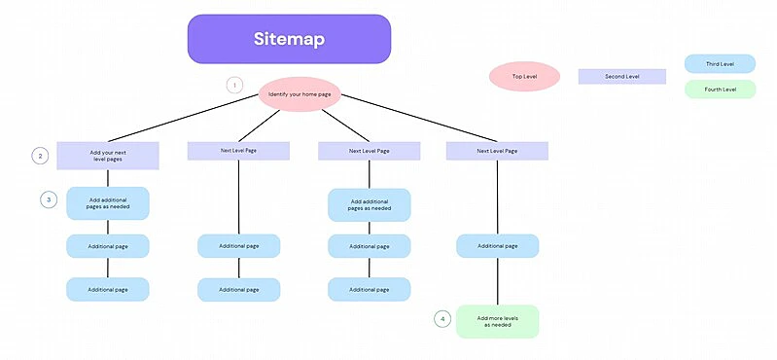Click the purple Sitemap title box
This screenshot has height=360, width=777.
point(289,39)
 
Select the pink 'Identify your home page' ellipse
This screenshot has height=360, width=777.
point(299,94)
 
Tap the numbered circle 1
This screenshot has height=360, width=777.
point(234,85)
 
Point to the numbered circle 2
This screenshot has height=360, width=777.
point(40,156)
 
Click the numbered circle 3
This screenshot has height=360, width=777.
point(48,198)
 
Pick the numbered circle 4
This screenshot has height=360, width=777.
point(442,318)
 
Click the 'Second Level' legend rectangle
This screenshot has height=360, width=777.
point(621,76)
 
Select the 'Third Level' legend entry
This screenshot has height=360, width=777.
point(720,64)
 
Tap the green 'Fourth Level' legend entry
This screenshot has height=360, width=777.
point(720,90)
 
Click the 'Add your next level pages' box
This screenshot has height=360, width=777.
point(107,156)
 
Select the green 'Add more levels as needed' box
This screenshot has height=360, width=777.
point(497,321)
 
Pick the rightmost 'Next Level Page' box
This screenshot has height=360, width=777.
point(497,151)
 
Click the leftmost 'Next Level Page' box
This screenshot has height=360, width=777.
point(238,151)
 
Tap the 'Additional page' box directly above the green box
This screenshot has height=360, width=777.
point(497,246)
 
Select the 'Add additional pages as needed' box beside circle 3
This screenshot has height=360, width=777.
point(107,203)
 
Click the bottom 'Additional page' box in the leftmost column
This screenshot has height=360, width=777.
point(107,289)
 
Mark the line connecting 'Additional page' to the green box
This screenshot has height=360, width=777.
point(498,281)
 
